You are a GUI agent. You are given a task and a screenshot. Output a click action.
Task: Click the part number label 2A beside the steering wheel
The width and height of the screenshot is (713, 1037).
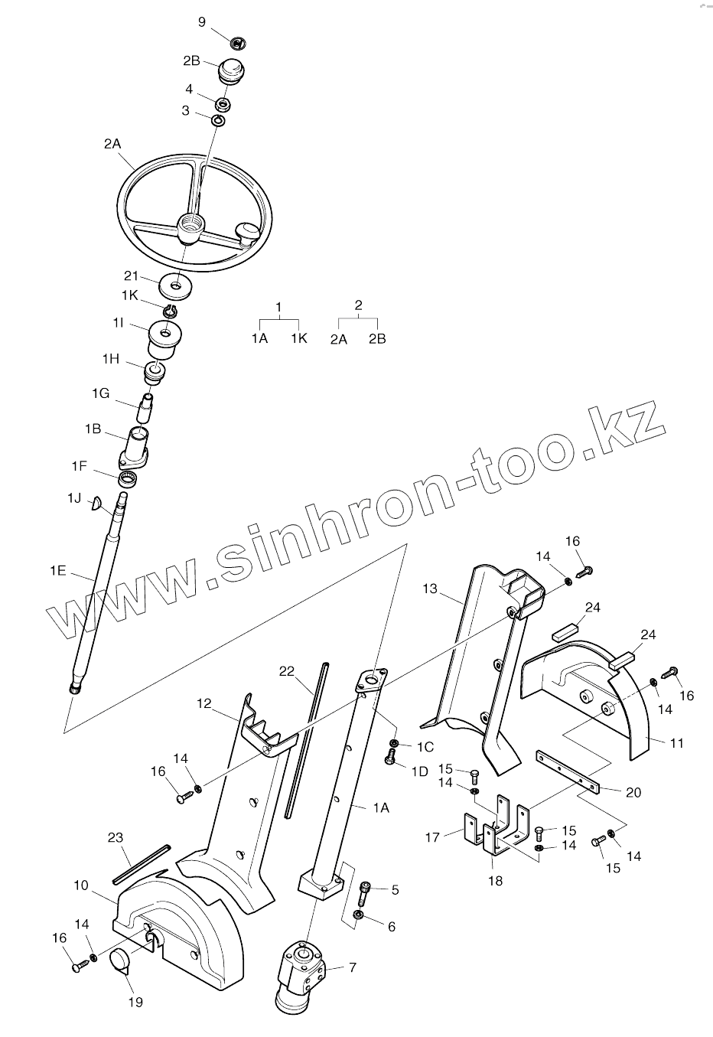pos(112,142)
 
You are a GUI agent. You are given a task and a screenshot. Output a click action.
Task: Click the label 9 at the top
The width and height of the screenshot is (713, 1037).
pos(202,21)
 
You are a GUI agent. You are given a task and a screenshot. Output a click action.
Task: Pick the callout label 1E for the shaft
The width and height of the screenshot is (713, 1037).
pos(59,569)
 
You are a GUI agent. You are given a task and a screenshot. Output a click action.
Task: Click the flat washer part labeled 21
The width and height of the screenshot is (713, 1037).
pos(175,288)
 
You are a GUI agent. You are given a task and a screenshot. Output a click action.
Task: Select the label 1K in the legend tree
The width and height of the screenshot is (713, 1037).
pos(298,338)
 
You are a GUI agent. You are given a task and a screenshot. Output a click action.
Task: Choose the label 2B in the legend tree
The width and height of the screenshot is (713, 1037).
pos(377,338)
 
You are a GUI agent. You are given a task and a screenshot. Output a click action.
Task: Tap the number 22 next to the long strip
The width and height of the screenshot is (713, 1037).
pos(287,670)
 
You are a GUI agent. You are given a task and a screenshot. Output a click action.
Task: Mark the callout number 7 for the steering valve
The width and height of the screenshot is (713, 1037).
pos(352,967)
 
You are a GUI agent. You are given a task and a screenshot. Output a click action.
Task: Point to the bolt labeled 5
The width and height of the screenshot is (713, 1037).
pos(366,892)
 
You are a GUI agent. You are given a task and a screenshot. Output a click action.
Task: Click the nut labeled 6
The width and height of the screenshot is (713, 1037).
pos(358,915)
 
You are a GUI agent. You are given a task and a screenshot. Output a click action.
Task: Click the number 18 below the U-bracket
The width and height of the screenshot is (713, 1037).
pos(496,880)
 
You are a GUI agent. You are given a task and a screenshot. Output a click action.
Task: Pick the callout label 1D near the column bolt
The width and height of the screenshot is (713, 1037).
pos(419,772)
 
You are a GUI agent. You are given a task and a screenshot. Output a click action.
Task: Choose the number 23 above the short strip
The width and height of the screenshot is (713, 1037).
pos(115,838)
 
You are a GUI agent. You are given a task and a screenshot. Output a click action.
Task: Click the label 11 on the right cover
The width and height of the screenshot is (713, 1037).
pos(676,742)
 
